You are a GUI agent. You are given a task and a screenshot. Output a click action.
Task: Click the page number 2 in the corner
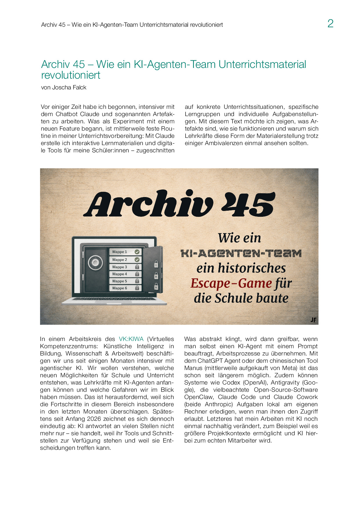tap(330, 24)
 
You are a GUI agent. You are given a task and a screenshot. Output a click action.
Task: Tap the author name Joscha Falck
tap(69, 87)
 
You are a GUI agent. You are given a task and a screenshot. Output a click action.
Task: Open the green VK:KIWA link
tap(131, 339)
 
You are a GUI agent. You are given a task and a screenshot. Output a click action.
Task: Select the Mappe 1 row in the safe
tap(125, 252)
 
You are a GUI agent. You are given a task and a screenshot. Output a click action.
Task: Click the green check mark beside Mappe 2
tap(137, 259)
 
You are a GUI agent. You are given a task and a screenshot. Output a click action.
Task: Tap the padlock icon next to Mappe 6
tap(137, 288)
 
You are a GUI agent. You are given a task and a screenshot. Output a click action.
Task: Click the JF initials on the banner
tap(313, 320)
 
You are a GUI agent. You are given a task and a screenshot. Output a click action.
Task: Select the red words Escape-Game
tap(231, 283)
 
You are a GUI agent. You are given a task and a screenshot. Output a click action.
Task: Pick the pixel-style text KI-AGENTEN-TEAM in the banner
tap(241, 253)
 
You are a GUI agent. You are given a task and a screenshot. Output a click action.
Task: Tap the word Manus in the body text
tap(193, 368)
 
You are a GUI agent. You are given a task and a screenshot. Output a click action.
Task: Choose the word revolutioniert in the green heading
tap(71, 75)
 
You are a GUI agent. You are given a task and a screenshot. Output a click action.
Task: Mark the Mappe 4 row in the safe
tap(125, 274)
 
